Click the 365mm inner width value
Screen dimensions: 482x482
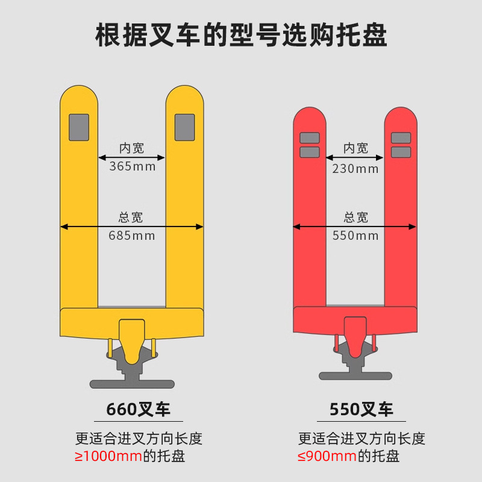132,167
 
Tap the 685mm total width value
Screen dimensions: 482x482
132,236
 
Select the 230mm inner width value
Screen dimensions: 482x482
355,169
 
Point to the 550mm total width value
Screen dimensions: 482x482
355,236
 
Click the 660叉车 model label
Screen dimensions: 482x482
139,410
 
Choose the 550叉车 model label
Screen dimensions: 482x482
361,410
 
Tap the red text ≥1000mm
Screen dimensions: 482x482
108,456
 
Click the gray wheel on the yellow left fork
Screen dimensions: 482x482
79,127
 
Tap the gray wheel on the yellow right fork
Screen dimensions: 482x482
184,127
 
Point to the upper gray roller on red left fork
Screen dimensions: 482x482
310,138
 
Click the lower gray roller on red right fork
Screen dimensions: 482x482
401,152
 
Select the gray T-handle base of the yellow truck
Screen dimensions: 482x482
132,383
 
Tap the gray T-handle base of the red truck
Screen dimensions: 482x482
355,375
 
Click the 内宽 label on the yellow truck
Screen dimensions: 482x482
132,148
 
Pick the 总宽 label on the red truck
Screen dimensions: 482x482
355,218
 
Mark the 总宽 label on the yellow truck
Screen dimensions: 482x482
131,218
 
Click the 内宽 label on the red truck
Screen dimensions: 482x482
355,148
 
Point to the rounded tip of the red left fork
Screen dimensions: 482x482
310,114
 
